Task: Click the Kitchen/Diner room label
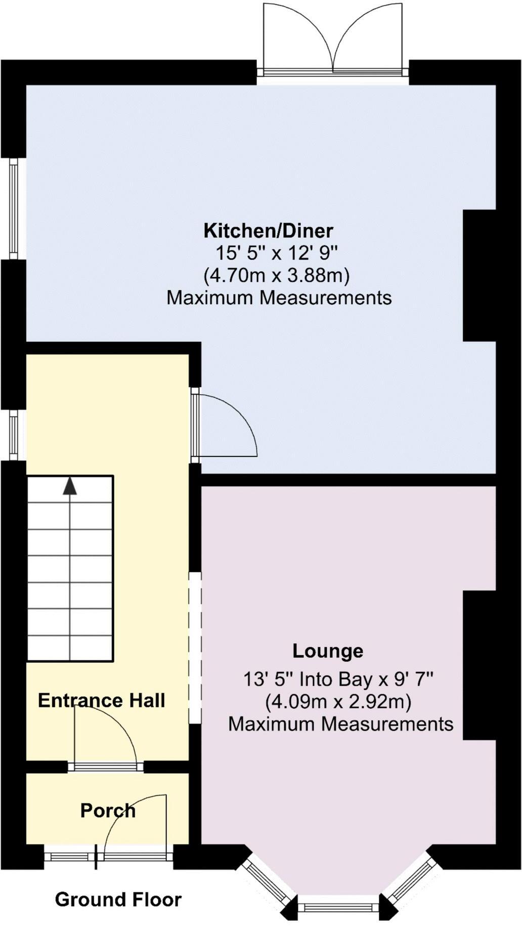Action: click(268, 231)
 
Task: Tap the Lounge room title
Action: click(328, 651)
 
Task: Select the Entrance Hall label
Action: click(101, 700)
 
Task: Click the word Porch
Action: click(108, 811)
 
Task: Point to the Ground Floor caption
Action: click(118, 899)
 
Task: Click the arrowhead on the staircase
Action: click(70, 486)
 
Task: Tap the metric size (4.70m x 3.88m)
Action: click(277, 276)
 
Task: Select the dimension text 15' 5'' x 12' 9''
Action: click(277, 252)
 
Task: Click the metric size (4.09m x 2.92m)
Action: click(338, 702)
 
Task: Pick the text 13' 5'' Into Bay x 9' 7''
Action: click(338, 679)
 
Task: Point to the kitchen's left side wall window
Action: click(14, 209)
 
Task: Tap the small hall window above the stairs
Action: click(14, 435)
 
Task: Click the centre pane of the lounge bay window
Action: click(338, 907)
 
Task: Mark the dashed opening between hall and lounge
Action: click(195, 647)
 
